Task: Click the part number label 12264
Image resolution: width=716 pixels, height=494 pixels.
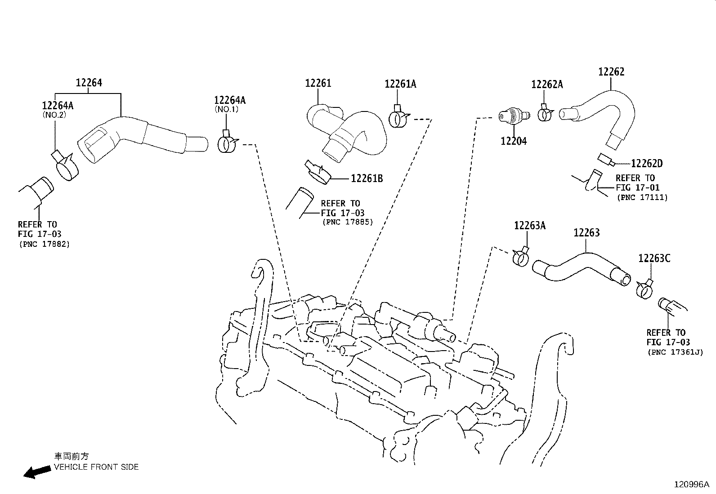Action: point(89,83)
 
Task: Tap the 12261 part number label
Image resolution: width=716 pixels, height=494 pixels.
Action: point(318,84)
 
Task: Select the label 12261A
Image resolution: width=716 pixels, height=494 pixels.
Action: point(400,84)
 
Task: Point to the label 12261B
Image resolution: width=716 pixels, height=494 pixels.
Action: point(367,178)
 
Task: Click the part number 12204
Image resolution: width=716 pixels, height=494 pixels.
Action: point(514,141)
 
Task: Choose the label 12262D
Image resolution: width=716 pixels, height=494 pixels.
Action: point(647,164)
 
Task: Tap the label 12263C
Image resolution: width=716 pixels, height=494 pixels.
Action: point(654,258)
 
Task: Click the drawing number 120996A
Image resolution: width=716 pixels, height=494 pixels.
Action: point(691,485)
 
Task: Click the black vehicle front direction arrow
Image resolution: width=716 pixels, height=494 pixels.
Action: point(37,472)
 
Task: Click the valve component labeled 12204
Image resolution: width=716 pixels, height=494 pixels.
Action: point(514,116)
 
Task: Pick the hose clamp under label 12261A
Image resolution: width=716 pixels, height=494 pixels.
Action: point(399,117)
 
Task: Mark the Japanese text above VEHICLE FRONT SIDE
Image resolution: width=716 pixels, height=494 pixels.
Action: point(71,456)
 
